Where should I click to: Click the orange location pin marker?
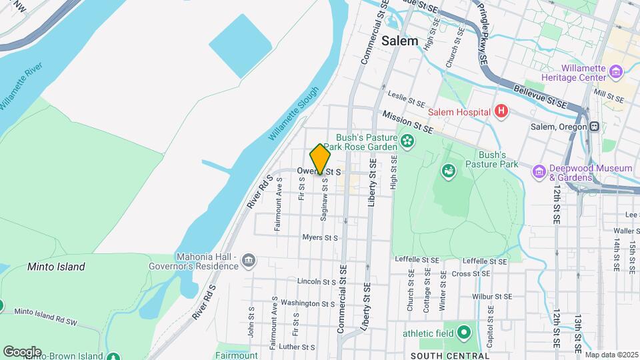[321, 159]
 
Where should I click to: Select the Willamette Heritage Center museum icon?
[616, 71]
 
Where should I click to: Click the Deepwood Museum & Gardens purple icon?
[538, 173]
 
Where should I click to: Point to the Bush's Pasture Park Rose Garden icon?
[407, 141]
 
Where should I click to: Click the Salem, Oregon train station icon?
[593, 127]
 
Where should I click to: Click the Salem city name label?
[400, 41]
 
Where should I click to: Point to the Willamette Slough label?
[294, 113]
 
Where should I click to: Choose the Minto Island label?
[56, 267]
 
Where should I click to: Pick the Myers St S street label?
[320, 237]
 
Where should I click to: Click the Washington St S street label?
[307, 303]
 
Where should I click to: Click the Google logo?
[22, 352]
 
